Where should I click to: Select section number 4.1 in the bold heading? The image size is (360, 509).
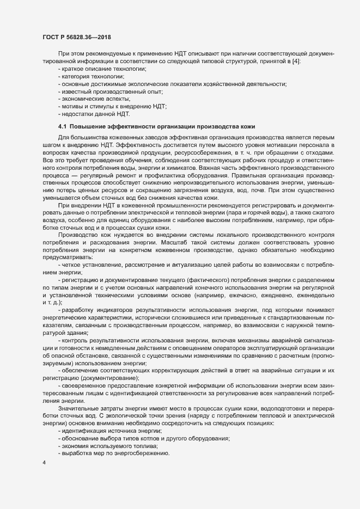[62, 126]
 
